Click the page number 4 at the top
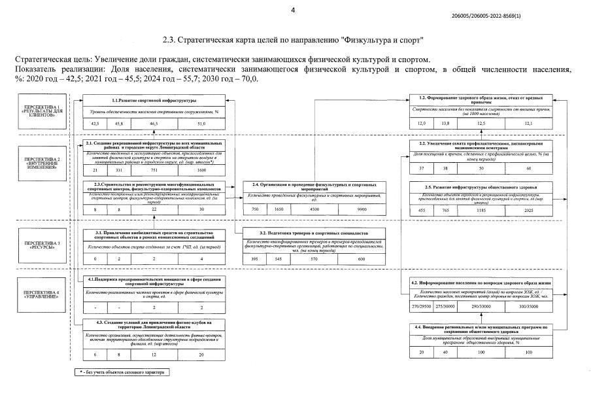pyautogui.click(x=293, y=9)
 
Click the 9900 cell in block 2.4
pyautogui.click(x=361, y=209)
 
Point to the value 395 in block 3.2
pyautogui.click(x=254, y=259)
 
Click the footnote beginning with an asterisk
pyautogui.click(x=121, y=372)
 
